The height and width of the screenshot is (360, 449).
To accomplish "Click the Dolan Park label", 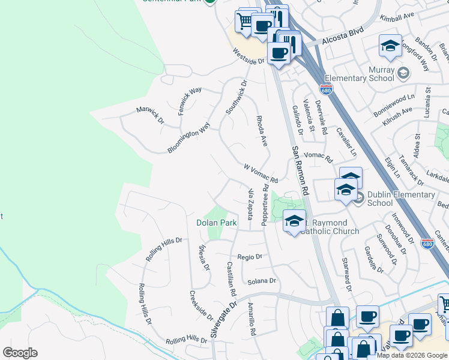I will click(x=216, y=223).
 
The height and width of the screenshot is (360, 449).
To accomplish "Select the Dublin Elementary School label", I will click(x=401, y=199).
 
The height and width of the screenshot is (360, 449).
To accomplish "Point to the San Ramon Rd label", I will click(x=300, y=171).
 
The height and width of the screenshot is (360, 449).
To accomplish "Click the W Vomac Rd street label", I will click(x=261, y=173).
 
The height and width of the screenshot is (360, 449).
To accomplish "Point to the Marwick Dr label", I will click(x=149, y=115).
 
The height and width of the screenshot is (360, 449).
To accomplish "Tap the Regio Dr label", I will click(x=250, y=256).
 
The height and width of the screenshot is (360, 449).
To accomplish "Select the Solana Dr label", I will click(x=261, y=281).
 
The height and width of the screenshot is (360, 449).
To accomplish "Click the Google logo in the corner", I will click(x=20, y=352).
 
